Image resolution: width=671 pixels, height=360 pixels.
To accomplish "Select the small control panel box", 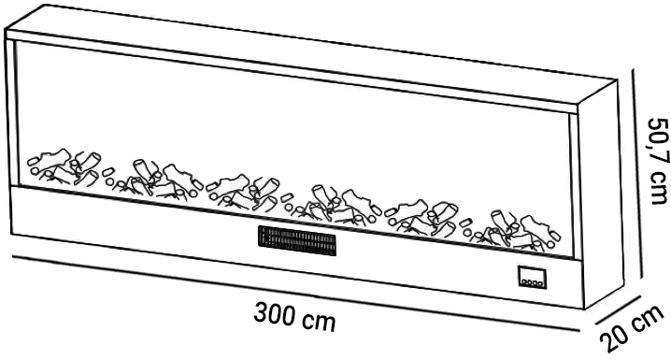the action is tap(533, 278).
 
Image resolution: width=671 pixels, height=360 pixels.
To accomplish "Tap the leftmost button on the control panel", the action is tap(524, 281).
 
